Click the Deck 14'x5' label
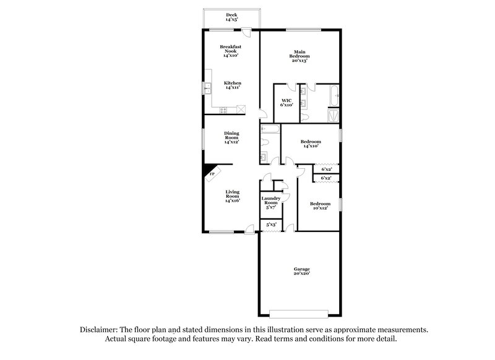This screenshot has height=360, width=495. coord(232,17)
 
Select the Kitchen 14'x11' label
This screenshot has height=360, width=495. coord(233,85)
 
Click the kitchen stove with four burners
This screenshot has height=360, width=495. coord(223,110)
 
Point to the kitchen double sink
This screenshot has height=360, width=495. coord(210,89)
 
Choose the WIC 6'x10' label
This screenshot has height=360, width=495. coord(286,103)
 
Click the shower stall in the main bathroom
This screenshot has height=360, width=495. coord(334,115)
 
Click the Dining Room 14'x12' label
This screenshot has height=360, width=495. coord(232,137)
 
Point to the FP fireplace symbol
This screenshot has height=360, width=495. coord(212,173)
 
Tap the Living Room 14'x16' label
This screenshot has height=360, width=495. coord(232,196)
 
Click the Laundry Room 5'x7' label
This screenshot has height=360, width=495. coord(271,203)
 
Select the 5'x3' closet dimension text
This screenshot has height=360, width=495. coord(271,225)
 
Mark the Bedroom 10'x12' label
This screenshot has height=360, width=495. coord(320,206)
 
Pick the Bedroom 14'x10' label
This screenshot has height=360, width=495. coord(311,144)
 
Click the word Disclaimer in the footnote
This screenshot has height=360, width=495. coord(100,331)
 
